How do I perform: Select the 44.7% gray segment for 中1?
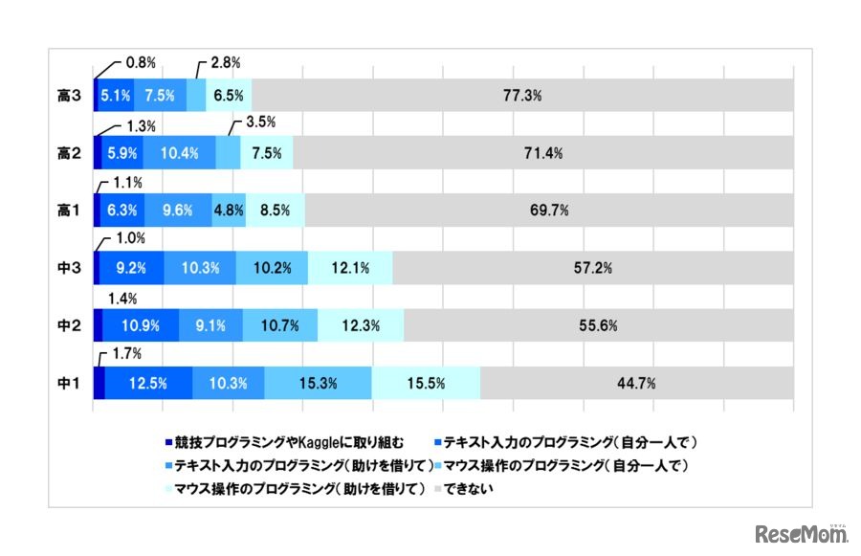(x=636, y=383)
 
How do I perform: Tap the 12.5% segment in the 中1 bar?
(x=148, y=383)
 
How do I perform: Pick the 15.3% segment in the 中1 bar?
(x=318, y=383)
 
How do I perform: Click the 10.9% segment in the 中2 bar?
(x=140, y=325)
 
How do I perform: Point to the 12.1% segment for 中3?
(x=350, y=268)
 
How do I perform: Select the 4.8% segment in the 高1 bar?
(x=229, y=211)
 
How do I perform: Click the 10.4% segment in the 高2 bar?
(x=180, y=153)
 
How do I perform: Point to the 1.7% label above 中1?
(x=126, y=353)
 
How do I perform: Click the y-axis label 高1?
(x=67, y=211)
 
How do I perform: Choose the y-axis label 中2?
(x=67, y=325)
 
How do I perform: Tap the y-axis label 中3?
(x=67, y=268)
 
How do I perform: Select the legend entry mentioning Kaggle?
(x=287, y=443)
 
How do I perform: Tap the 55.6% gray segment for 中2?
(x=598, y=325)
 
